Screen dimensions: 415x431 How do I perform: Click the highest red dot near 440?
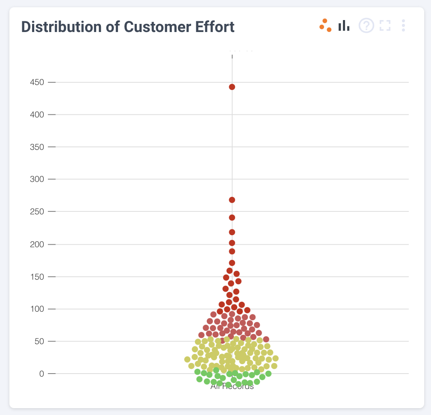[232, 87]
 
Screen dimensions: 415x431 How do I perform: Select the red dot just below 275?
[232, 200]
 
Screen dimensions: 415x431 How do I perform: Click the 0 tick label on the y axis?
[41, 374]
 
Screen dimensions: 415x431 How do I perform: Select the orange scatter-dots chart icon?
[325, 26]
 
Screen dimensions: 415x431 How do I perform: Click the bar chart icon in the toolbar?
[344, 26]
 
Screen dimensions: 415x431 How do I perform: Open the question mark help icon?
[366, 26]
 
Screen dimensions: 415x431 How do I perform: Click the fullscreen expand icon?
[385, 26]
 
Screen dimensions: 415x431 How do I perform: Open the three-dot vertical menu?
[403, 26]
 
